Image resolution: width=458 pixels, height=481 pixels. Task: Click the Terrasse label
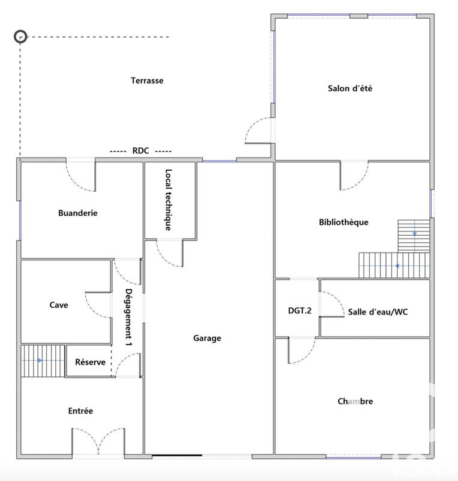click(147, 81)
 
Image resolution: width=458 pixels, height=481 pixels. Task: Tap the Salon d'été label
click(351, 88)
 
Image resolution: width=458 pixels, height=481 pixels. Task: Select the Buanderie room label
click(78, 212)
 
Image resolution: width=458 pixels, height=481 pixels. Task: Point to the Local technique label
click(169, 199)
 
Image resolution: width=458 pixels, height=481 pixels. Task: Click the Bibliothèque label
click(343, 222)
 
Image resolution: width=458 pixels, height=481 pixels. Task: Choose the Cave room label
click(59, 305)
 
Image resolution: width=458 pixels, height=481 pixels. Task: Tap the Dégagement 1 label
click(128, 317)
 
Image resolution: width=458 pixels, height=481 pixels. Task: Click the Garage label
click(207, 338)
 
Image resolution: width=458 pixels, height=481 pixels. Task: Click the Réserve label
click(90, 362)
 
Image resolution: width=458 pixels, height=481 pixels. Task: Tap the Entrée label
click(80, 411)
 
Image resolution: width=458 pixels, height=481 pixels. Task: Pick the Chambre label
click(355, 401)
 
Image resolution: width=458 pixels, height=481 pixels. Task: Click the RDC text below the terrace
click(140, 151)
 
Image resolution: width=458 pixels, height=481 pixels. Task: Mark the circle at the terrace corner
click(21, 37)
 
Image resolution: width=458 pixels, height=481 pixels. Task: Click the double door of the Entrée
click(98, 442)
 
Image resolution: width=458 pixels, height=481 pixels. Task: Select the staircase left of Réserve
click(43, 361)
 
